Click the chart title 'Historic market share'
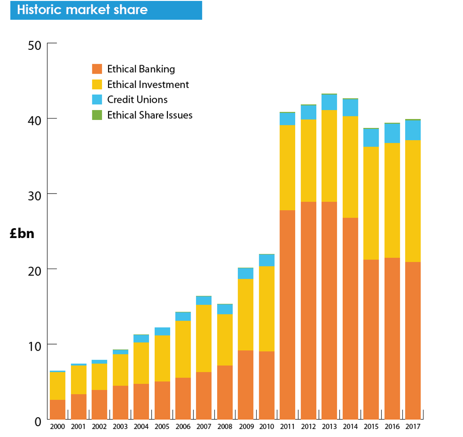tap(83, 10)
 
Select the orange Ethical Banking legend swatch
tap(97, 69)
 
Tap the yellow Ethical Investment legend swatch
tap(97, 84)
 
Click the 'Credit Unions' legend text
tap(137, 100)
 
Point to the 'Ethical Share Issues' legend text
tap(150, 115)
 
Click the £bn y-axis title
tap(22, 234)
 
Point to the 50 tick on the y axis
tap(34, 45)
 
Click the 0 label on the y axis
tap(38, 421)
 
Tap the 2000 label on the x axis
tap(57, 426)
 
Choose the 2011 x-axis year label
tap(287, 426)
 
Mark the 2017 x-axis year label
tap(413, 426)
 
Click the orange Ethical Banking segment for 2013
tap(329, 310)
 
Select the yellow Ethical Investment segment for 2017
tap(413, 201)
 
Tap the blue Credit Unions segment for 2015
tap(371, 138)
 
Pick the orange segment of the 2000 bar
tap(57, 409)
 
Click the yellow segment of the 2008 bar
tap(225, 340)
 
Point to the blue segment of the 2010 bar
tap(266, 260)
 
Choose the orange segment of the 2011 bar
tap(287, 314)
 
